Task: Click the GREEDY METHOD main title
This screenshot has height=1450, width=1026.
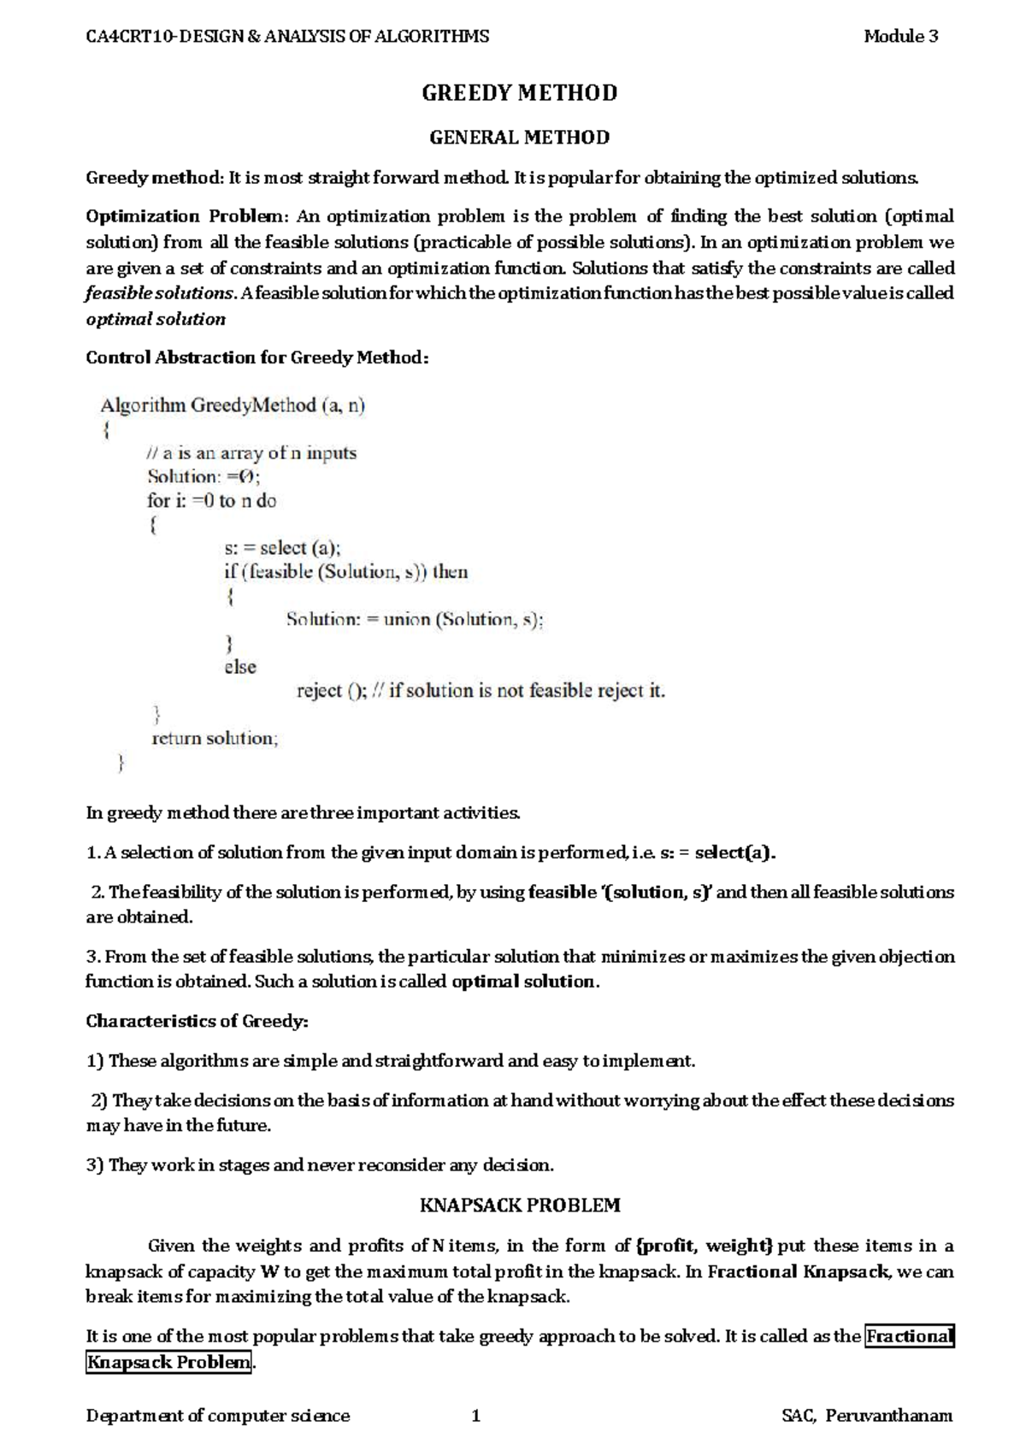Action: (519, 93)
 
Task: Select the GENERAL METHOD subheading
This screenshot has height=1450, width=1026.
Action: (519, 138)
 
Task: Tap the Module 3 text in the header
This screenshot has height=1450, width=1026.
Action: (900, 36)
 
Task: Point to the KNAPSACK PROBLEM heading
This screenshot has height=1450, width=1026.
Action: (519, 1205)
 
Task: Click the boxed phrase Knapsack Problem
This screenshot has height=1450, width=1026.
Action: (169, 1362)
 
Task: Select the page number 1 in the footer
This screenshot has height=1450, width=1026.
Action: (476, 1416)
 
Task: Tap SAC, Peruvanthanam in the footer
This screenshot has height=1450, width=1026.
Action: (866, 1416)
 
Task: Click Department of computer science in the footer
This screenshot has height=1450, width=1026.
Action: (218, 1416)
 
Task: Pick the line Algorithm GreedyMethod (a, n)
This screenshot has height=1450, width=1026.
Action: (233, 405)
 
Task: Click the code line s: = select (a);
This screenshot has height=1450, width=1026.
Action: (282, 548)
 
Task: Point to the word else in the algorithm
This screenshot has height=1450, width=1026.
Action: (240, 667)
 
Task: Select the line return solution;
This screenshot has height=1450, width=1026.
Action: (215, 738)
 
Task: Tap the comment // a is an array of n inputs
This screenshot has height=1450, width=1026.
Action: (251, 453)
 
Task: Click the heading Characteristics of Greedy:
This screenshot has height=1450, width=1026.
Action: (197, 1021)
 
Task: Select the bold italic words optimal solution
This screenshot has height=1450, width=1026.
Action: (156, 320)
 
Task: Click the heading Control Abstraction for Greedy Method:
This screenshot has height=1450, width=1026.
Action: (256, 357)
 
